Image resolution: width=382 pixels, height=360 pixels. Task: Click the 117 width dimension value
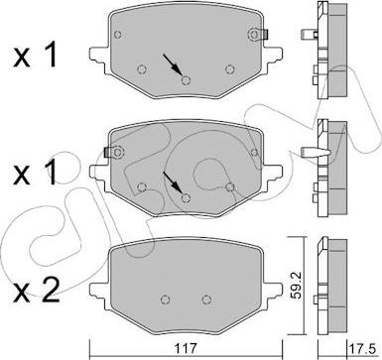click(187, 348)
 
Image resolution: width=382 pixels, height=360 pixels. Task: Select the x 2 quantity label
click(36, 291)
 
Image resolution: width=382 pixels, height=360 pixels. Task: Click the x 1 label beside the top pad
click(35, 56)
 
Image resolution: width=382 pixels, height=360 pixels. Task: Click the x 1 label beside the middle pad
click(35, 174)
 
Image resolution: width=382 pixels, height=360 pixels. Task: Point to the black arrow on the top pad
click(172, 64)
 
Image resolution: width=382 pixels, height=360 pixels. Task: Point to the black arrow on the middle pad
click(172, 182)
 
